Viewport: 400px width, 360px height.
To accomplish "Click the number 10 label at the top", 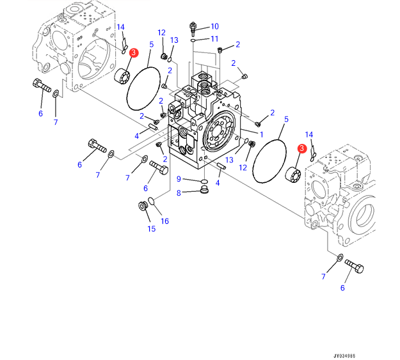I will pos(214,26).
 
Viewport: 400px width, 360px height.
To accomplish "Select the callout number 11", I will pos(214,39).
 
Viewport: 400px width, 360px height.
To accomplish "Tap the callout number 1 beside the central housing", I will pos(260,134).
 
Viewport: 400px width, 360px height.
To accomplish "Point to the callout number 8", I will pos(179,192).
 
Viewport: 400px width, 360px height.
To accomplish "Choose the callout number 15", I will pos(151,228).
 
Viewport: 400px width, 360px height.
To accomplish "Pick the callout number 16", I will pos(164,221).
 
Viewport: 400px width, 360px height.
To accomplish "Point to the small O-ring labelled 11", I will pos(193,40).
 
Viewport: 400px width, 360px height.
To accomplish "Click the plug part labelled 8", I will pos(204,191).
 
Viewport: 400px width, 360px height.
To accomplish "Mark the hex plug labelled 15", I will pos(143,206).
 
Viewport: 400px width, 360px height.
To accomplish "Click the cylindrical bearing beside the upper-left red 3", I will pos(121,76).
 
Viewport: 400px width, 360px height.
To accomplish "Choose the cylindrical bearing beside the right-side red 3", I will pos(293,172).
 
